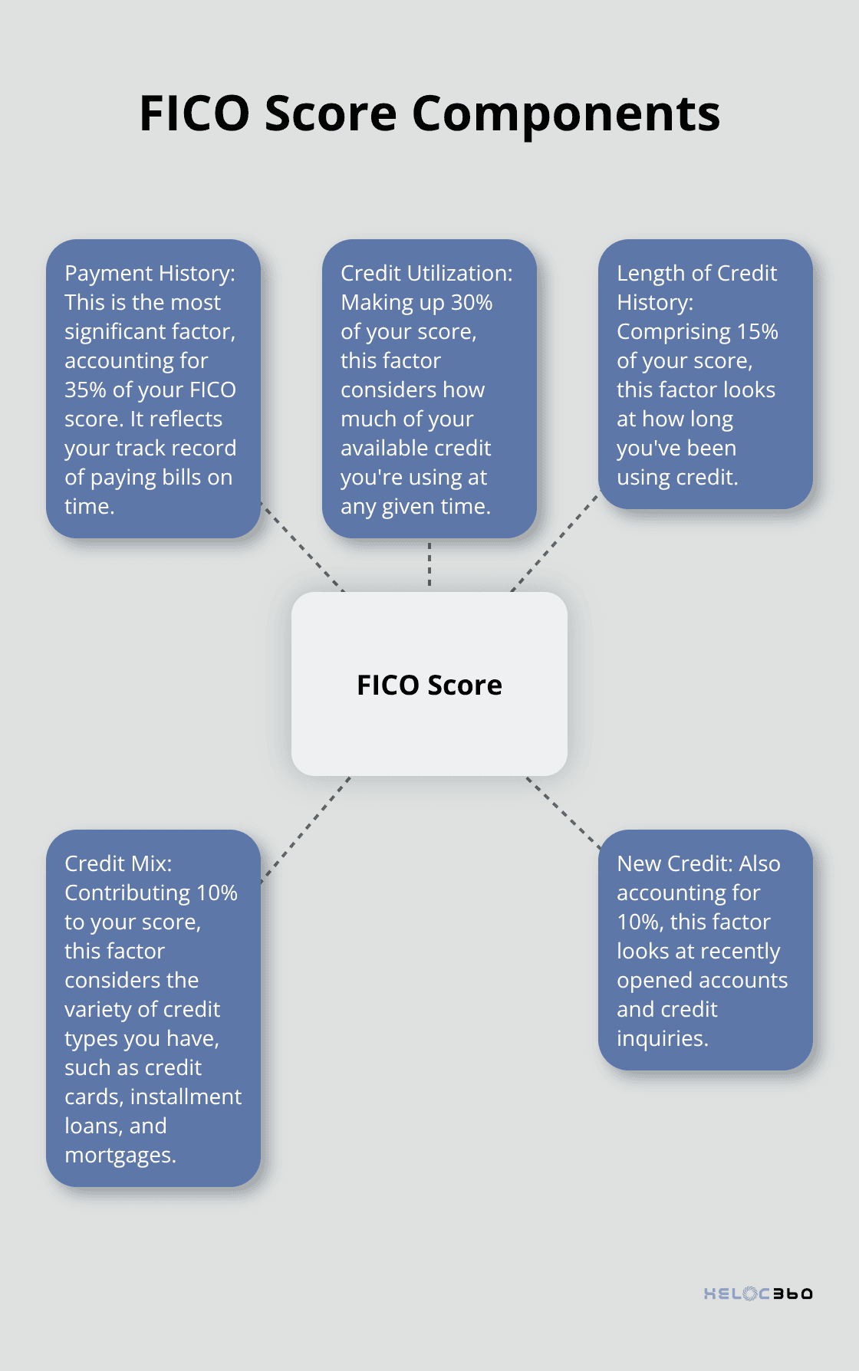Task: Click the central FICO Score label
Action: click(429, 685)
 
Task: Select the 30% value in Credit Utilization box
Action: click(472, 302)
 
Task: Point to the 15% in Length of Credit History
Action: click(758, 331)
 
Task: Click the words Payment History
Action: click(149, 273)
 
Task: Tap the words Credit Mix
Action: click(117, 863)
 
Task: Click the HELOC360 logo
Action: click(758, 1294)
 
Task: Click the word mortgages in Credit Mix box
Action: click(119, 1156)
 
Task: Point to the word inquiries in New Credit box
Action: click(661, 1039)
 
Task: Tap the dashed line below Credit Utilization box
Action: click(429, 564)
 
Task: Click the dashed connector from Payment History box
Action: click(302, 547)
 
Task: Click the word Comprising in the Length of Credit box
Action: click(673, 331)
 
